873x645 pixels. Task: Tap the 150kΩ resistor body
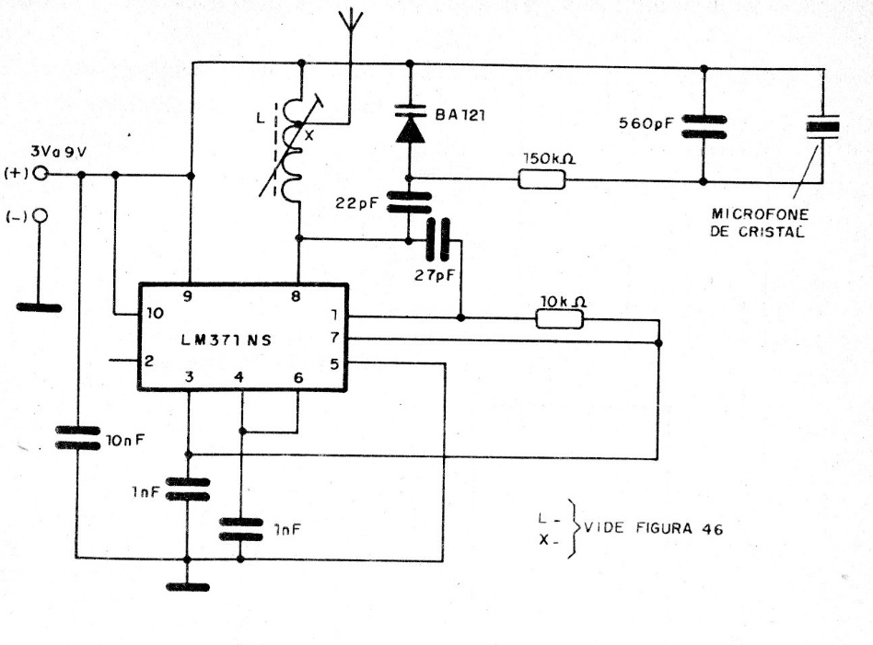tap(540, 178)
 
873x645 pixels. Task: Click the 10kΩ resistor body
tap(559, 318)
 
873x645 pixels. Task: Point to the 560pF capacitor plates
tap(704, 126)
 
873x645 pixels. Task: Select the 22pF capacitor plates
tap(409, 202)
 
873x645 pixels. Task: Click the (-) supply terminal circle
tap(40, 217)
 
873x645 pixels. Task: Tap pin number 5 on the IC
tap(333, 363)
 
